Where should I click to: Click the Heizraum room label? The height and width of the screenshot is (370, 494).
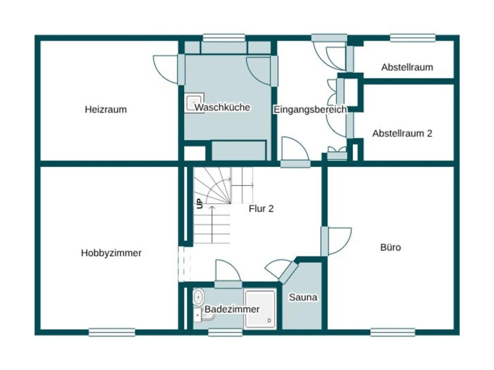[x=106, y=110]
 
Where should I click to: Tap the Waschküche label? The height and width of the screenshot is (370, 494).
[x=222, y=108]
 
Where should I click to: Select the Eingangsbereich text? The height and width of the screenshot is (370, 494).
[x=310, y=110]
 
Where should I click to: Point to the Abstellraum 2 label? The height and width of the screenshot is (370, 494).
[x=402, y=134]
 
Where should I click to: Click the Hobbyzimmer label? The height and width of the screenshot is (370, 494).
[x=111, y=253]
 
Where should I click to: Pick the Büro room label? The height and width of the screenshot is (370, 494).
[x=390, y=247]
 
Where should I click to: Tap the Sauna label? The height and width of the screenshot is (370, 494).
[x=303, y=297]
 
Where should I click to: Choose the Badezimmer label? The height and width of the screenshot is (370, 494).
[x=232, y=309]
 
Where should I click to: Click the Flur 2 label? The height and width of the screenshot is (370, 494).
[x=261, y=209]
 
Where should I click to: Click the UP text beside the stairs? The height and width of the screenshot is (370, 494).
[x=200, y=203]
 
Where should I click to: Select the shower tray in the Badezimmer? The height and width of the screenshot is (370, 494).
[x=260, y=309]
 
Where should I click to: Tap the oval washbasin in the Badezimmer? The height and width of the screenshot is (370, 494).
[x=198, y=296]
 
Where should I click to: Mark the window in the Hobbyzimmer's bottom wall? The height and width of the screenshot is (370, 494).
[x=112, y=332]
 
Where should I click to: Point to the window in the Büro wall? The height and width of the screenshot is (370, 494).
[x=392, y=332]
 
